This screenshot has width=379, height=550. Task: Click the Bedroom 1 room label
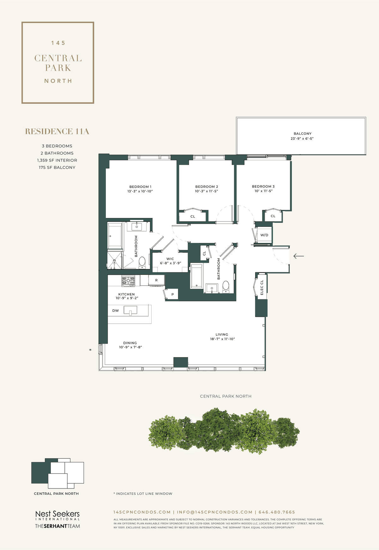tap(140, 187)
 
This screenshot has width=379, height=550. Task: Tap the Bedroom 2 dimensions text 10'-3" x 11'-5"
tap(207, 191)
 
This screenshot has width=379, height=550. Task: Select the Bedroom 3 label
tap(263, 186)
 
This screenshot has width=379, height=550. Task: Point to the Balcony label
tap(303, 134)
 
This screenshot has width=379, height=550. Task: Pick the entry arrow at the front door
tap(299, 256)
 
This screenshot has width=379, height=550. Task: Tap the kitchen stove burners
tap(129, 280)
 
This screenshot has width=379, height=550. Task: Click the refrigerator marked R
tap(157, 280)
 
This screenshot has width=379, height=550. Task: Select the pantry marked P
tap(172, 294)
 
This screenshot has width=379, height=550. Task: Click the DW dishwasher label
tap(116, 311)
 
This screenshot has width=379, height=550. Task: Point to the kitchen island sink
tap(130, 310)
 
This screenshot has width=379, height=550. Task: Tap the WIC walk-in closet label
tap(170, 259)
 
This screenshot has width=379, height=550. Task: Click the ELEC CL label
tap(262, 287)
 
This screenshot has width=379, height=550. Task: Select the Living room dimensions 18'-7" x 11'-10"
tap(223, 339)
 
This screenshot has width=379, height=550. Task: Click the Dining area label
tap(130, 343)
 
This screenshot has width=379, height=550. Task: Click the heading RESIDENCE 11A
tap(57, 132)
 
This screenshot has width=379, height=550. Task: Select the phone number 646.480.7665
tap(277, 512)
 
